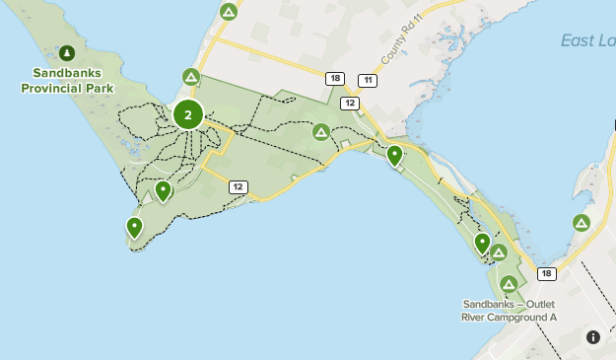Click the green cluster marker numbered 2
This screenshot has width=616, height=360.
pos(188,114)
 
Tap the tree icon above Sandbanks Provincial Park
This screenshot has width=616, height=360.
pos(67,53)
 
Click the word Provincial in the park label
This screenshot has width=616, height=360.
pos(67,87)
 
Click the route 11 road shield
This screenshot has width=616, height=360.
pos(368,80)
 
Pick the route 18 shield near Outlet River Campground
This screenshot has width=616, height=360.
pos(547,273)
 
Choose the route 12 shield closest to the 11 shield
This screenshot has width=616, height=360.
pos(349,102)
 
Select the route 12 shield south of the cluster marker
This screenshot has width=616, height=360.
pos(238,185)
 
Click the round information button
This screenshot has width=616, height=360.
pos(593,337)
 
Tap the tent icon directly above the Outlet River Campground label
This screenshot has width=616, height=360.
pos(509,285)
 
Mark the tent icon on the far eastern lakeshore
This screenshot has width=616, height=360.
pos(582,224)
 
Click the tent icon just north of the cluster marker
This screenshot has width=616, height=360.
pos(191,77)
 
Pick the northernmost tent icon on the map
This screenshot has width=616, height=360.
pos(229,12)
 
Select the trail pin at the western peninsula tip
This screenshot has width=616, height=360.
pos(134,227)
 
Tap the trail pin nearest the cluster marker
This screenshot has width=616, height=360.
pos(163,189)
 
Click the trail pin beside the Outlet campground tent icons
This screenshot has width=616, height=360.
pos(482,242)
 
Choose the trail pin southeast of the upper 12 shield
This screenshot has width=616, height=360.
pos(394,154)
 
